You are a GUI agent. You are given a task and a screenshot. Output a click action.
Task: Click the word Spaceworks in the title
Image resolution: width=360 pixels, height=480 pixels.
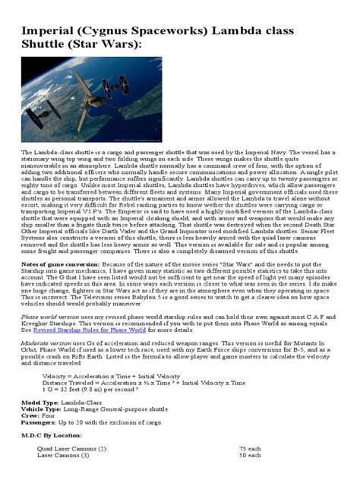point(181,33)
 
